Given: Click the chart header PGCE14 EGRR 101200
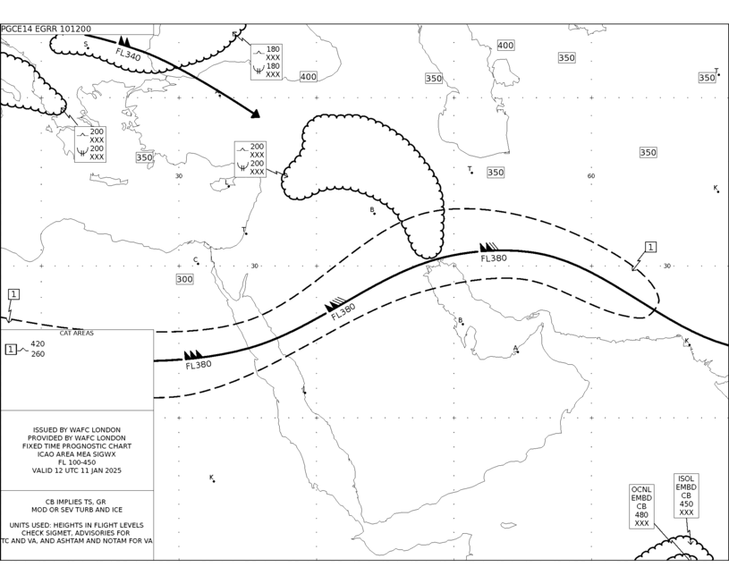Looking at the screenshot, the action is pos(46,30).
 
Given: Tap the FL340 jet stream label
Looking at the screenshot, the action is pos(128,55).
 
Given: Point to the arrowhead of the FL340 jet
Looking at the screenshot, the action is pos(255,114).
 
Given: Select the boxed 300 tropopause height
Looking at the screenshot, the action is pos(184,279).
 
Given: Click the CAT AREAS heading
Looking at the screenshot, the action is pos(77,333).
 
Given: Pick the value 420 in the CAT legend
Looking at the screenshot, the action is pos(38,344).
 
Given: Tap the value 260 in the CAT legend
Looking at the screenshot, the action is pos(38,354).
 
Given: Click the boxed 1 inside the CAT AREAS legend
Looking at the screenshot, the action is pos(11,349).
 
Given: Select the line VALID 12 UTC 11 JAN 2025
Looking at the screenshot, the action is pos(77,470).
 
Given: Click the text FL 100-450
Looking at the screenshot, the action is pos(77,462).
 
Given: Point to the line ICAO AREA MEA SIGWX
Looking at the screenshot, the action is pos(77,454).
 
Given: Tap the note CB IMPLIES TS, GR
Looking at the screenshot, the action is pos(75,502).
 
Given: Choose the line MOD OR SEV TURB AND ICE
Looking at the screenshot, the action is pos(77,510).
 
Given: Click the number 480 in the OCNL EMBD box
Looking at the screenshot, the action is pos(641,515).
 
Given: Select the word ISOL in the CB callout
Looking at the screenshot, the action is pos(686,479).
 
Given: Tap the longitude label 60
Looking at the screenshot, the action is pos(591,176).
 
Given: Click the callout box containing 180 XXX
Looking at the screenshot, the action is pos(267,62).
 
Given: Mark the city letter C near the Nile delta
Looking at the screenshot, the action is pos(196,260).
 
